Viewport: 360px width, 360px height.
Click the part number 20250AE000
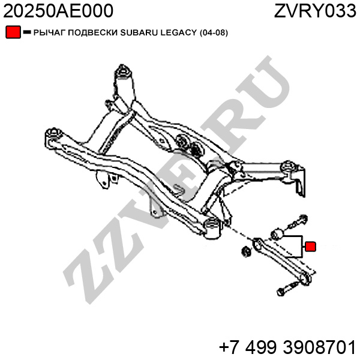[58, 11]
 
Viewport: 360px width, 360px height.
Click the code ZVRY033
[315, 11]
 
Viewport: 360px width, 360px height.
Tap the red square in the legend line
[13, 32]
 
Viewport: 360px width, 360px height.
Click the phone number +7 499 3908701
[287, 346]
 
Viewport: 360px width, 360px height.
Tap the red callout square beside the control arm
[310, 246]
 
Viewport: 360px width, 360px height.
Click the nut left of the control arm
[245, 250]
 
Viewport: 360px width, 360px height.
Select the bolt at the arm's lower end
[283, 291]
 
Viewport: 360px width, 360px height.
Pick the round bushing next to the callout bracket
[278, 233]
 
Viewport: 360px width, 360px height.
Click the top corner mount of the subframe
[124, 70]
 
